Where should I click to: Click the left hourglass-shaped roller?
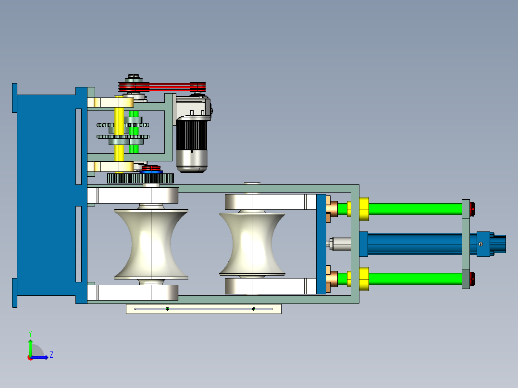[151, 244]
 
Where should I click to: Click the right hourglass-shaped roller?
[252, 244]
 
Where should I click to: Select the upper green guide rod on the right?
[415, 209]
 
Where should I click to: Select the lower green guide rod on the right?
[415, 279]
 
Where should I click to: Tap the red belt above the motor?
[162, 87]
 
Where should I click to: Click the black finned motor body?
[192, 136]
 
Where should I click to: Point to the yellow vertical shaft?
[119, 134]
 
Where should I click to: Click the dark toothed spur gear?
[140, 178]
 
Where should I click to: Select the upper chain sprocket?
[123, 125]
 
